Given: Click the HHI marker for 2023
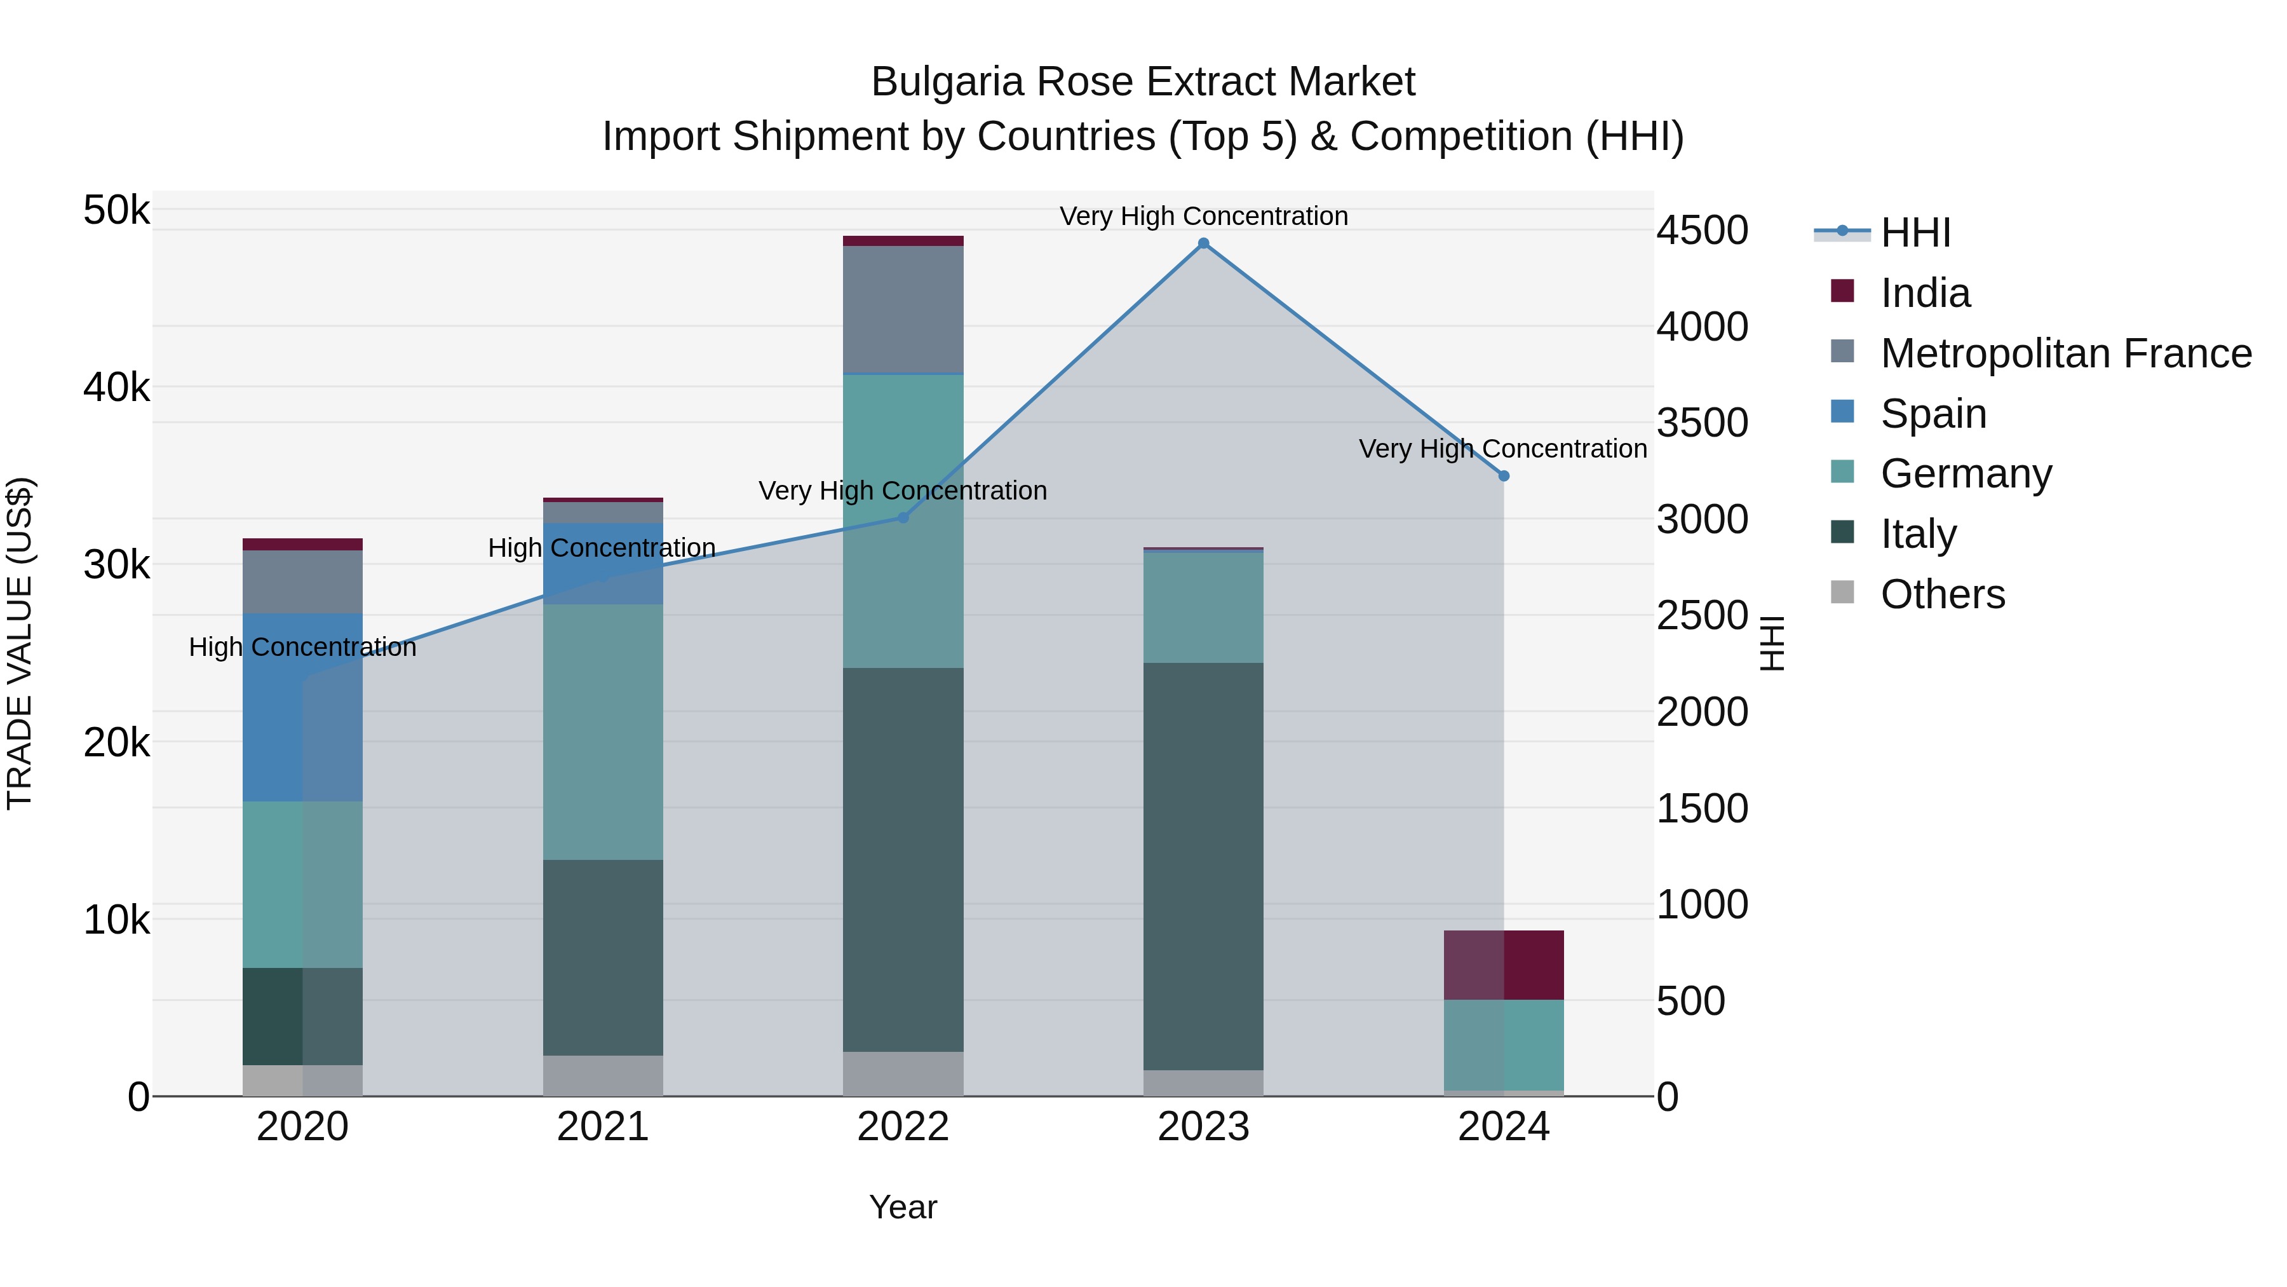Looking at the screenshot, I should tap(1203, 243).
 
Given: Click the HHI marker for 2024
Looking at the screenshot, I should tap(1503, 476).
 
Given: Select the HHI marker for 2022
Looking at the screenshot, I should tap(903, 518).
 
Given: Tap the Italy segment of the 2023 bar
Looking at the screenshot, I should tap(1203, 866).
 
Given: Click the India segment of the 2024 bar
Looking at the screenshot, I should tap(1503, 965).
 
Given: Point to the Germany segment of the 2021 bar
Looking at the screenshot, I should tap(603, 732).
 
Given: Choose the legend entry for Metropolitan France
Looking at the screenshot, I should tap(2065, 353).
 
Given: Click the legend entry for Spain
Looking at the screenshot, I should tap(1933, 414).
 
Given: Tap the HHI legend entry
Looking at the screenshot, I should tap(1914, 233).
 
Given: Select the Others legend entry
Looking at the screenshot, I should tap(1941, 594).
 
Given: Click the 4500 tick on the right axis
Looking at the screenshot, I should tap(1702, 231).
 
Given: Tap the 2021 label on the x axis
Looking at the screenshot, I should tap(603, 1127).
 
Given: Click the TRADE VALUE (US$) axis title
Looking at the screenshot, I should tap(20, 643).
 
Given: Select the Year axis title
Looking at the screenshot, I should tap(903, 1207).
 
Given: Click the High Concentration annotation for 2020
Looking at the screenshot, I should tap(302, 648).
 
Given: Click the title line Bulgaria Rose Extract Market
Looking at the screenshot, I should tap(1143, 82).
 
